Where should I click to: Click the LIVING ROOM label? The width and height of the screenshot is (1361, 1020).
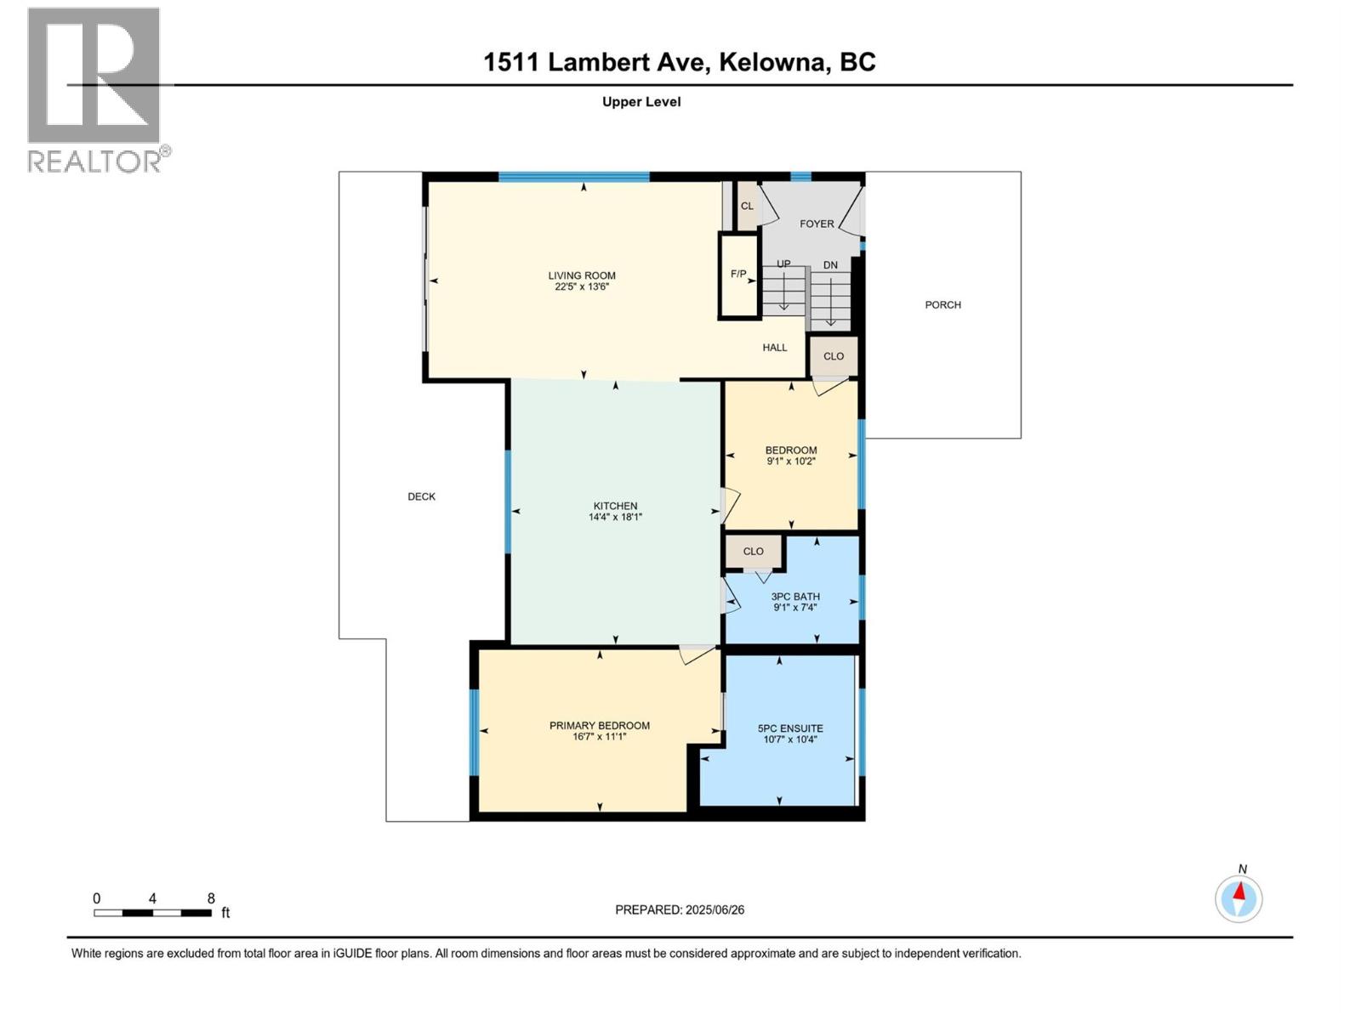coord(582,275)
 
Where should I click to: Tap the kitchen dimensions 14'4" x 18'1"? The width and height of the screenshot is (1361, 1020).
coord(615,517)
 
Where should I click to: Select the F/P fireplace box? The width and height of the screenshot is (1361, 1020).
coord(738,275)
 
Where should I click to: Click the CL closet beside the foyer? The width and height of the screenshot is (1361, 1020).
coord(747,206)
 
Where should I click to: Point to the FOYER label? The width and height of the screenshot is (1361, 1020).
coord(817,224)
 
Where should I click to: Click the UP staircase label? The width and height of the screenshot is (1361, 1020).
coord(783,263)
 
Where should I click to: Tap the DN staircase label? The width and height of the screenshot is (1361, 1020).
coord(830,265)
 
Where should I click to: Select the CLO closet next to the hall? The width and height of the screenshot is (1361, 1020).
coord(834,356)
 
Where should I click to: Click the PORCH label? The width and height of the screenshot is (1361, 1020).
coord(942,304)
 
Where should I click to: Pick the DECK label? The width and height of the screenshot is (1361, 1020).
coord(421,496)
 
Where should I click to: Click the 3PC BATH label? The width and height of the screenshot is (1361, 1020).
coord(795,597)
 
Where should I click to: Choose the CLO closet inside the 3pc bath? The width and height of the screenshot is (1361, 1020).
coord(754,552)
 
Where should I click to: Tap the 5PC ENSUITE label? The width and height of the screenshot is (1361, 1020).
coord(790,728)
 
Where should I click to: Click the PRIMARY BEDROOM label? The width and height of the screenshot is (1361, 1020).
coord(600,725)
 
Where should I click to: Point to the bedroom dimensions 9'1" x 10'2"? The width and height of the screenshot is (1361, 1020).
coord(791,462)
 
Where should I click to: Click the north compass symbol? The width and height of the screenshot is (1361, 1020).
coord(1239,898)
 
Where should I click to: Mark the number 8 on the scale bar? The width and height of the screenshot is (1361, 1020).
coord(211,898)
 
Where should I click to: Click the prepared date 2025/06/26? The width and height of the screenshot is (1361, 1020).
coord(715,909)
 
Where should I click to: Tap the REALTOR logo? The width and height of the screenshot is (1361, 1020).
coord(95,89)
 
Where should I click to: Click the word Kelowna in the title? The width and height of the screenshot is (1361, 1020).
coord(773,62)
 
